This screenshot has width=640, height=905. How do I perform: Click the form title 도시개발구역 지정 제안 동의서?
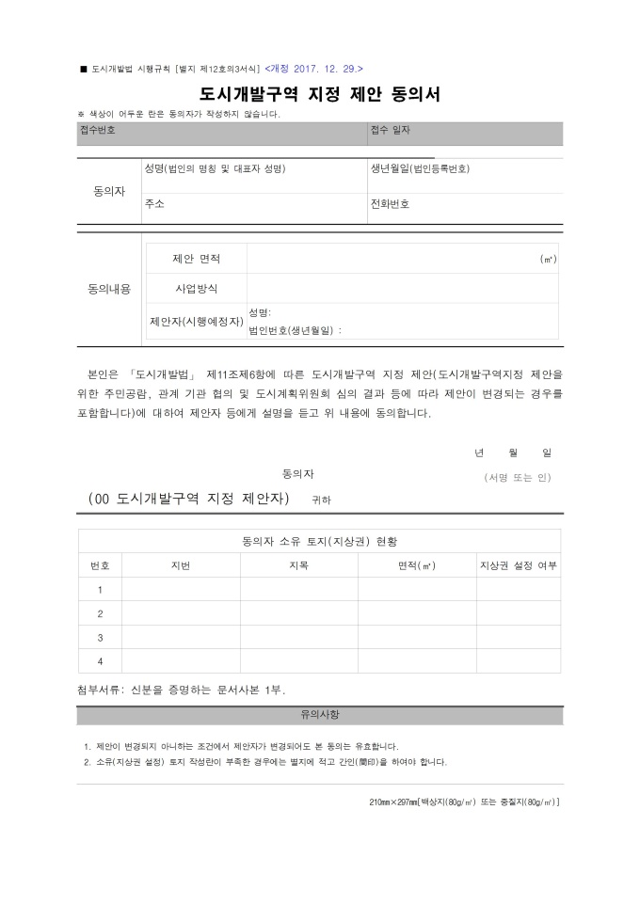319,94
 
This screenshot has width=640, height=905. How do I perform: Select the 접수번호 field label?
98,130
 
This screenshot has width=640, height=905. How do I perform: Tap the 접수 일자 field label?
391,130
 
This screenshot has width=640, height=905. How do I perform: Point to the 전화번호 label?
391,203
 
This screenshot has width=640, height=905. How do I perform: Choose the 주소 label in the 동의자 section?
154,203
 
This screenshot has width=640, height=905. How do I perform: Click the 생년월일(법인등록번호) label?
420,168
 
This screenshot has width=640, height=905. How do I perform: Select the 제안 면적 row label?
196,258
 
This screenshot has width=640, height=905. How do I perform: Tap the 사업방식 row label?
196,288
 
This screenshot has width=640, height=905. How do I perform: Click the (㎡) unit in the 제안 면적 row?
548,259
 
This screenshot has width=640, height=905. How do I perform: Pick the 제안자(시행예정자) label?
196,321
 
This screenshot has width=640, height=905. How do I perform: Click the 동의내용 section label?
109,288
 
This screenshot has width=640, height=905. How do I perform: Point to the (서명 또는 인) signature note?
517,477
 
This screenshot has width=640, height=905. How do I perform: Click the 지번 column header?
181,565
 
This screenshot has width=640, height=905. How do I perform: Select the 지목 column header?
298,565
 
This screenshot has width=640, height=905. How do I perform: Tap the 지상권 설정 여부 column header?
519,565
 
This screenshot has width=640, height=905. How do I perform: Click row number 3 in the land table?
100,637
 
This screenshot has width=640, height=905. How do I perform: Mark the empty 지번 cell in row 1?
181,590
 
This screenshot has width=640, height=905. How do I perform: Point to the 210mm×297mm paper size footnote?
465,802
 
